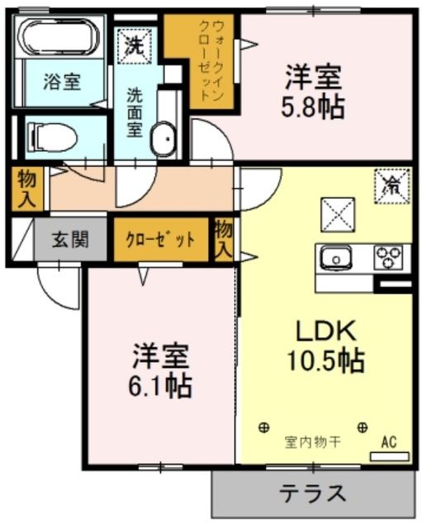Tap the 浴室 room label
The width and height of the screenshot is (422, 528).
click(61, 82)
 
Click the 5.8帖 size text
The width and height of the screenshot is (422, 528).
click(314, 106)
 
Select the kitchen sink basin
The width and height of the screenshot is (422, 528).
click(337, 257)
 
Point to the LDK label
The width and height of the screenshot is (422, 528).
click(326, 331)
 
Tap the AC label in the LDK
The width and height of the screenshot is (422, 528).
click(388, 443)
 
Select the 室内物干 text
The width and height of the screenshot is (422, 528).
click(314, 443)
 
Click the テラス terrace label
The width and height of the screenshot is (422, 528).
click(312, 494)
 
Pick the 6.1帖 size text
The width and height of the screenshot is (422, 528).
click(162, 384)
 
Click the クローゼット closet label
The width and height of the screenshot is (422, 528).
click(160, 241)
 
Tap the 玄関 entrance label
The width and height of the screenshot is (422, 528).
click(70, 241)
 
